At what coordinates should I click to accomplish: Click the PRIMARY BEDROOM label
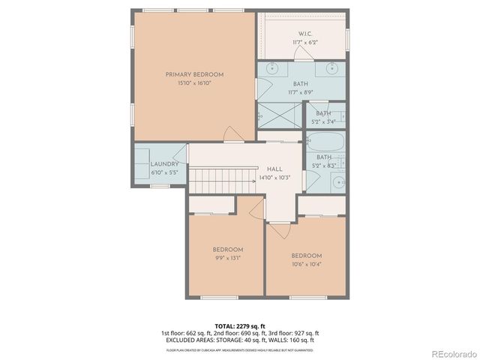(x=195, y=74)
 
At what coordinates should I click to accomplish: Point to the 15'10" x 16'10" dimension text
(x=194, y=83)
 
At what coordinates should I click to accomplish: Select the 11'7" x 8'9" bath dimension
(x=300, y=92)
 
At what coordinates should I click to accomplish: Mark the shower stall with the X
(x=279, y=114)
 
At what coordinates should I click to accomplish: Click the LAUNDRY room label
(x=164, y=164)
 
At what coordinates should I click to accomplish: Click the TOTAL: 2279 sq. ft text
(x=239, y=326)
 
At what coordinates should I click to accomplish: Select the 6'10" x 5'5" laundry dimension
(x=164, y=172)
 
